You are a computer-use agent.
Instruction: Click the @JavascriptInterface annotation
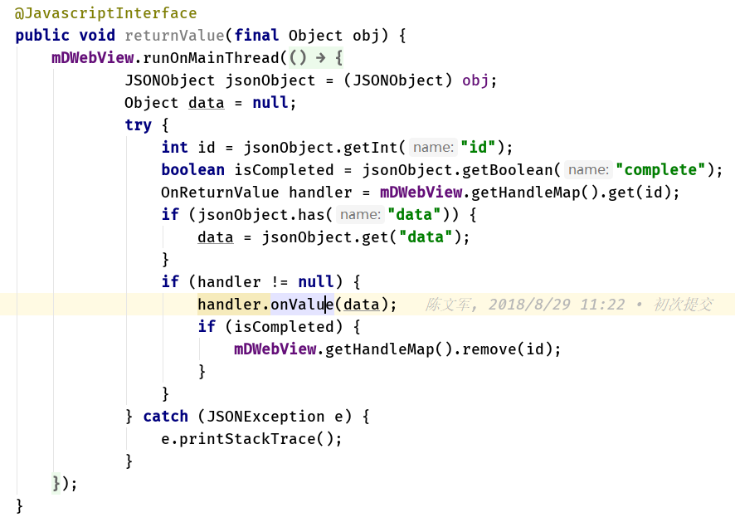[105, 13]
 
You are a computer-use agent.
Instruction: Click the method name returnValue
[174, 36]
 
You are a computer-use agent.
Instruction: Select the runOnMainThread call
[211, 58]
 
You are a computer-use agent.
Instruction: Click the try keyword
[138, 125]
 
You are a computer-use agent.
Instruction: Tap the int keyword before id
[174, 148]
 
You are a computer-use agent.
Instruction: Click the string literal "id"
[478, 148]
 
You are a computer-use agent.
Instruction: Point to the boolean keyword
[192, 170]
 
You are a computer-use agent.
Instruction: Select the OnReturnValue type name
[220, 193]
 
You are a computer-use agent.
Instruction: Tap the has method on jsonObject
[319, 215]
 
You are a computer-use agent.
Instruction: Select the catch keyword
[165, 417]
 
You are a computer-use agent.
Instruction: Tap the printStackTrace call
[252, 439]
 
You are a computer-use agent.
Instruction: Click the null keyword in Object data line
[270, 103]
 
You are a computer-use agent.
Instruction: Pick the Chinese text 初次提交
[683, 305]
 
